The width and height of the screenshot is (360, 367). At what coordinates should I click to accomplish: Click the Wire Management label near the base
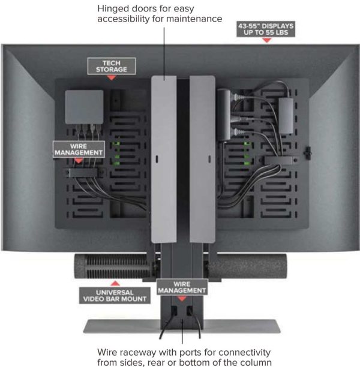[x=181, y=287]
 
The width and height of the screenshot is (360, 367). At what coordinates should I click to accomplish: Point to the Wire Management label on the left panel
[x=79, y=149]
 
